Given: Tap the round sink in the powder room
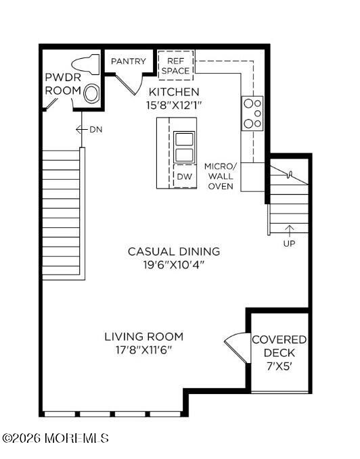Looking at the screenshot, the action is pos(91,94).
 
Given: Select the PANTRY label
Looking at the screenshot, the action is pos(129,62).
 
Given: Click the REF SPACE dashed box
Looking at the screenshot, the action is pos(176,66).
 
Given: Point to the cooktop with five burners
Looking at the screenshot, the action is pos(252,114).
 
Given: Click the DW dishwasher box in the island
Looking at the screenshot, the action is pos(185,176).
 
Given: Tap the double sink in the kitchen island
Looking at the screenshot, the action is pos(184,147).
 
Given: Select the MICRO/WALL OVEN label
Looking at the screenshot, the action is pos(221,176).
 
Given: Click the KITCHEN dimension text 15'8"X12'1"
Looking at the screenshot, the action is pos(175,105).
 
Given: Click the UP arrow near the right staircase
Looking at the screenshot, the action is pos(290,231).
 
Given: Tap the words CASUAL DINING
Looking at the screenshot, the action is pos(174,251).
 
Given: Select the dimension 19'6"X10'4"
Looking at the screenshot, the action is pos(174,265).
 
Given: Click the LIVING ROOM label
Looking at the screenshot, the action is pos(144,337).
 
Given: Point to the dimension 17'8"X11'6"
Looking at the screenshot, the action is pos(143,350).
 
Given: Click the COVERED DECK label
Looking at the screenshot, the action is pos(279,346).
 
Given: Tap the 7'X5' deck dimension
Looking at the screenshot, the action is pos(279,366).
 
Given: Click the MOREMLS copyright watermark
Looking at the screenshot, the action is pos(55,438).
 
